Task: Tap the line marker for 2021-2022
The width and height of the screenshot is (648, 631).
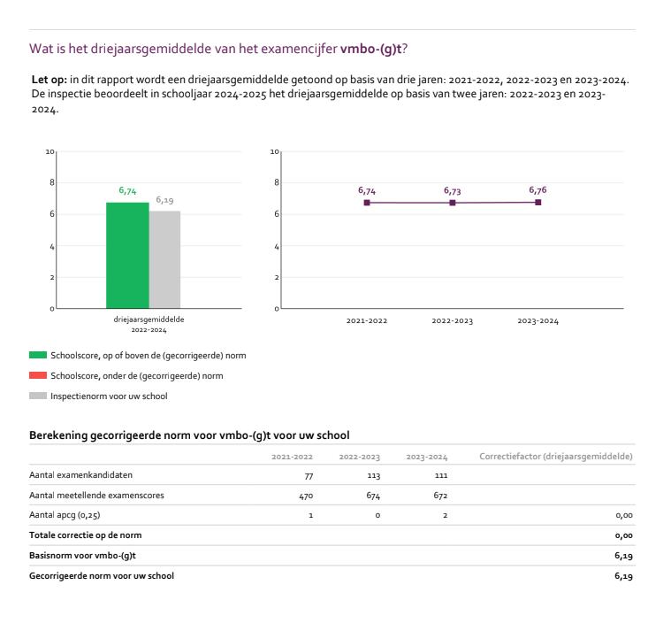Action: [x=367, y=203]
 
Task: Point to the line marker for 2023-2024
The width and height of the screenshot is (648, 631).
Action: [x=537, y=202]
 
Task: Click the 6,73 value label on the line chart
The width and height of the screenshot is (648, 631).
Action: [x=453, y=190]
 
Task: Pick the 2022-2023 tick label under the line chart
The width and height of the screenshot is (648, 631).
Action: [x=453, y=321]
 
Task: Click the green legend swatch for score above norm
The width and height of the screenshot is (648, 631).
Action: [x=38, y=355]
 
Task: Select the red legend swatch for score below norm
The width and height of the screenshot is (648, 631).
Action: [x=38, y=375]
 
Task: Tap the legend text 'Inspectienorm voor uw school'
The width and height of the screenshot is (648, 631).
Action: [x=110, y=396]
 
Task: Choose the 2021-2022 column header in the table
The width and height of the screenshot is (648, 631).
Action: [x=292, y=457]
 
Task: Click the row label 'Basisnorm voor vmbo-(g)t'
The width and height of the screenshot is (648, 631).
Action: [x=77, y=555]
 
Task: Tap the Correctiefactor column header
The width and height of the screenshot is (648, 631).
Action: [x=555, y=457]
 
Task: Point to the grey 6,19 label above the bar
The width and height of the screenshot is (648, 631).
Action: [x=164, y=201]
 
